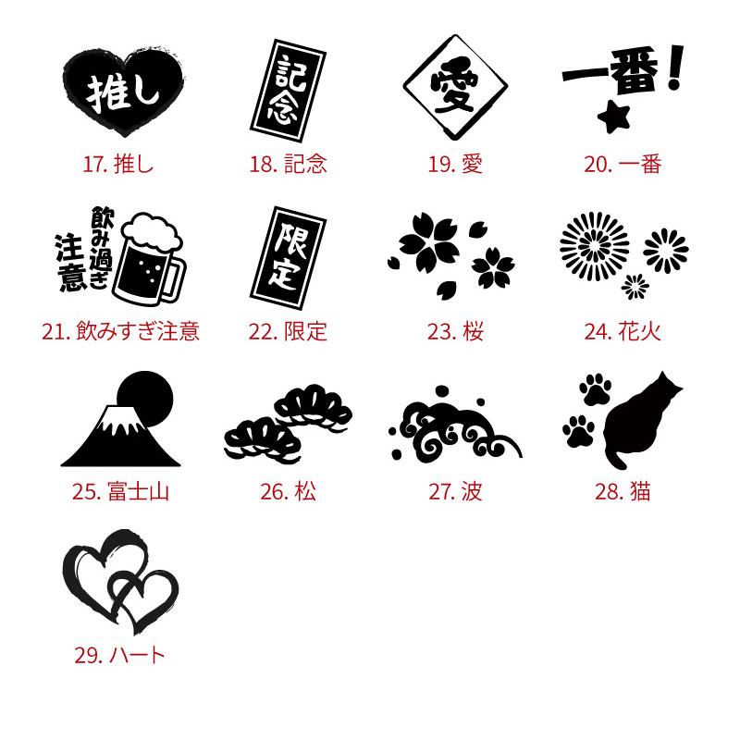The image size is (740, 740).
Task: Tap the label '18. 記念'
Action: (x=288, y=165)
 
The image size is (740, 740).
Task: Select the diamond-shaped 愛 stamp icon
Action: (x=455, y=87)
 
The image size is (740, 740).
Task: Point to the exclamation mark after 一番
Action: (x=677, y=67)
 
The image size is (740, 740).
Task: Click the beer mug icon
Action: (x=150, y=259)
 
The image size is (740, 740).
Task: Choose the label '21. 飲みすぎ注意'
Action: (x=120, y=331)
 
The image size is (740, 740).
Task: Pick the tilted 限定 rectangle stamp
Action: (x=288, y=258)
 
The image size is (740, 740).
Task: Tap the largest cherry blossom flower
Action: (x=429, y=243)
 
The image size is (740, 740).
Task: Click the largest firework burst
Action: (x=595, y=246)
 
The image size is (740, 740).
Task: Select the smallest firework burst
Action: (x=635, y=287)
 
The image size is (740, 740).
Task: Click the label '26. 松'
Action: (x=288, y=492)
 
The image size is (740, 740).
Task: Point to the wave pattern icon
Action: (x=455, y=424)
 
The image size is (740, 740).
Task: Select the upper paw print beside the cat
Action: (x=595, y=388)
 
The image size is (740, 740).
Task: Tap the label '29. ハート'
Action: (x=120, y=655)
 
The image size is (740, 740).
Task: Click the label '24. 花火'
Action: (x=623, y=331)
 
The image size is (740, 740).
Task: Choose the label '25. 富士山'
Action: (x=120, y=492)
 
